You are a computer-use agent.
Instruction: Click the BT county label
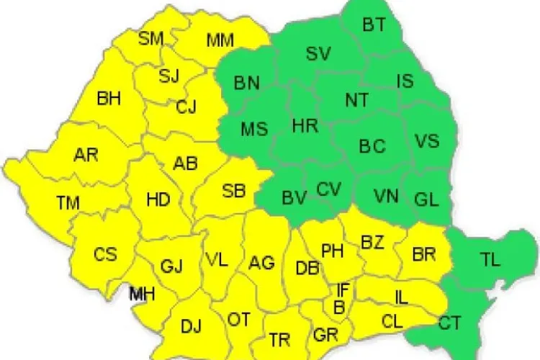tap(374, 25)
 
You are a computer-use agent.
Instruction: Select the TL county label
tap(490, 261)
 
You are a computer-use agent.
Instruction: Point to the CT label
tap(450, 323)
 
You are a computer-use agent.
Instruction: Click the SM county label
tap(150, 38)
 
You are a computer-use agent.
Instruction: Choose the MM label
tap(220, 40)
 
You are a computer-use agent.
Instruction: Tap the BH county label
tap(109, 99)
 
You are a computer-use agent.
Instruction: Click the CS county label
tap(105, 255)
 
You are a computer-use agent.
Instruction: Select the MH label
tap(141, 293)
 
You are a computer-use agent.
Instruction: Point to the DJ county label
tap(191, 326)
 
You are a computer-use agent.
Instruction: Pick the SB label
tap(233, 191)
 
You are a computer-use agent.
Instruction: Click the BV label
tap(294, 197)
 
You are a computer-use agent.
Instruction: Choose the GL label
tap(426, 199)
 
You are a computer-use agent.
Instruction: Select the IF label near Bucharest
tap(344, 290)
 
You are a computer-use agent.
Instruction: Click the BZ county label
tap(372, 243)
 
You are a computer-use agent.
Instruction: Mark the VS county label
tap(427, 140)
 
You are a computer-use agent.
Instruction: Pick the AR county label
tap(86, 155)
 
